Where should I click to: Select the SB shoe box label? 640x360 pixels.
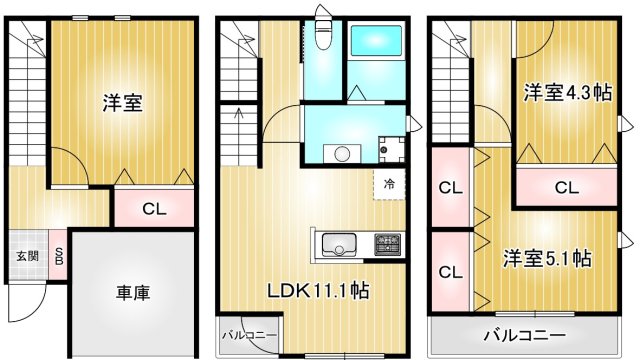(58, 256)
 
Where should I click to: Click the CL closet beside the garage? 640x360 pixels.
(153, 209)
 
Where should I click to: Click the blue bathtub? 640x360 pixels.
(375, 44)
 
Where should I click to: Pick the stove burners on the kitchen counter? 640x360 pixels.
(387, 244)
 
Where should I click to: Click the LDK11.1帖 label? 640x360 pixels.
(317, 292)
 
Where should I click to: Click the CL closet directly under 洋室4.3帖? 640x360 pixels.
(566, 186)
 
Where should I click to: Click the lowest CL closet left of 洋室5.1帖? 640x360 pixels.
(451, 271)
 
